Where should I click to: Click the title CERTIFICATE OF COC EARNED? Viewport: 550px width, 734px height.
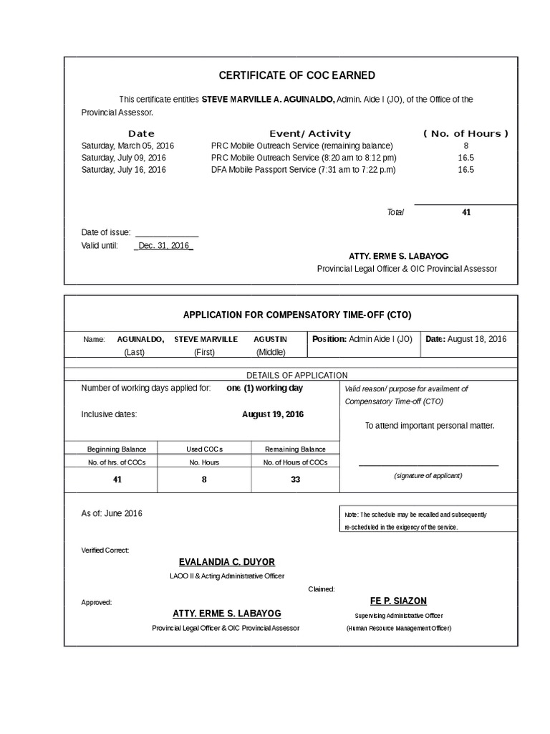pyautogui.click(x=296, y=75)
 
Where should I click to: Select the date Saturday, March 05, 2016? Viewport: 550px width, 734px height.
pyautogui.click(x=127, y=146)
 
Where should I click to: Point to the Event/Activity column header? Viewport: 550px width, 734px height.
pyautogui.click(x=309, y=133)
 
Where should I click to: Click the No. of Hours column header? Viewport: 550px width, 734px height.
pyautogui.click(x=465, y=133)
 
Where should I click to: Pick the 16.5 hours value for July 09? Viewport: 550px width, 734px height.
pyautogui.click(x=466, y=158)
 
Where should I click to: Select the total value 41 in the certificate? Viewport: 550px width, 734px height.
pyautogui.click(x=466, y=212)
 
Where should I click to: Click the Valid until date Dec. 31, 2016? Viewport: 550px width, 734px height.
pyautogui.click(x=163, y=245)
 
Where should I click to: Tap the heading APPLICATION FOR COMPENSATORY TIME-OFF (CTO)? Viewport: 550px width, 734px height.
pyautogui.click(x=297, y=315)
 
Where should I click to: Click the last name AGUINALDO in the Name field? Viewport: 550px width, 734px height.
pyautogui.click(x=140, y=339)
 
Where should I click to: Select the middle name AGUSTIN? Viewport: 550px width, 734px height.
pyautogui.click(x=270, y=339)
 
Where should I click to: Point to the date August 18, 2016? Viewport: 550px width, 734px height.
pyautogui.click(x=477, y=339)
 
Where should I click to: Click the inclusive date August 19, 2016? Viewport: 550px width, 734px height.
pyautogui.click(x=272, y=414)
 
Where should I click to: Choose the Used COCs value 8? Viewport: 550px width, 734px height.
pyautogui.click(x=204, y=479)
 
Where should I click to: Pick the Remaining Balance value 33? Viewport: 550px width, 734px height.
pyautogui.click(x=295, y=479)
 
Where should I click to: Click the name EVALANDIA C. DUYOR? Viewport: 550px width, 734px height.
pyautogui.click(x=226, y=562)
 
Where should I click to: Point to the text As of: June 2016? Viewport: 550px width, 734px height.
pyautogui.click(x=112, y=513)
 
